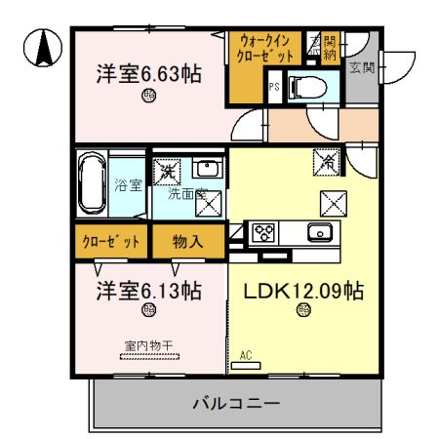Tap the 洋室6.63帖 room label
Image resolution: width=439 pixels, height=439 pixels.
coord(148,73)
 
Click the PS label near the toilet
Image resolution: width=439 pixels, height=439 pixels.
coord(276,87)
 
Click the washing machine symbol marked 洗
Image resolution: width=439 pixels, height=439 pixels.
coord(167,173)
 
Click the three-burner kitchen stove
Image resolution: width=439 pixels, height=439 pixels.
coord(263,232)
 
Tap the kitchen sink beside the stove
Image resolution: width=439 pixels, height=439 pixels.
coord(318,232)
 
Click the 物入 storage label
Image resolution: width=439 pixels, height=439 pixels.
coord(187,241)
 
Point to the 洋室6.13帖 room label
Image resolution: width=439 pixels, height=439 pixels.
coord(148,291)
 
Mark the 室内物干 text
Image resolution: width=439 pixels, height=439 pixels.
coord(149,344)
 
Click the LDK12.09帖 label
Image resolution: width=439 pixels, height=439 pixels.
coord(303,291)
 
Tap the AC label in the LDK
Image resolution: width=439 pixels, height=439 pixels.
coord(246,356)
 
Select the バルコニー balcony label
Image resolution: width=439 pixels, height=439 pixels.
coord(236,402)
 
